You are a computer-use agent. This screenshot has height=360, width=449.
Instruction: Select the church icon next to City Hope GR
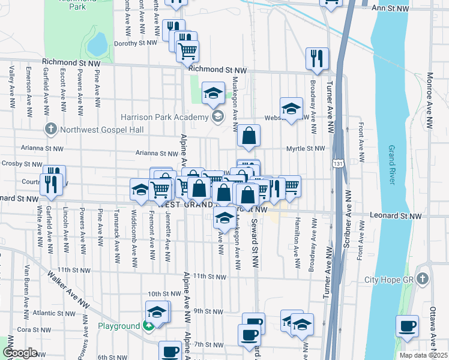coord(423,280)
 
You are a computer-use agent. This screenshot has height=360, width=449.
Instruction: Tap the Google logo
coord(20,353)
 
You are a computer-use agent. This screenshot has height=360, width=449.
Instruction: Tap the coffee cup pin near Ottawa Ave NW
coord(407,326)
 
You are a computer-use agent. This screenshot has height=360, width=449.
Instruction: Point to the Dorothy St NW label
coord(135,43)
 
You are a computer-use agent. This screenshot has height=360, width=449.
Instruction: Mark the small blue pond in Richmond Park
coord(97,43)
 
